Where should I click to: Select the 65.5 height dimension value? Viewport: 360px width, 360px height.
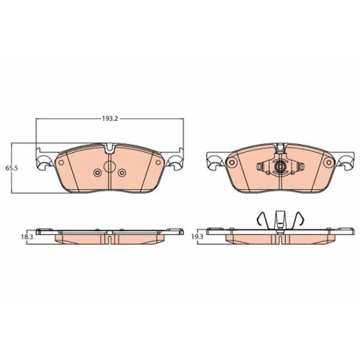11,167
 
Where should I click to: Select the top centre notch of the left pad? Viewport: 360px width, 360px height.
109,150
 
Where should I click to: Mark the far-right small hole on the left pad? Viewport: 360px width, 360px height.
156,163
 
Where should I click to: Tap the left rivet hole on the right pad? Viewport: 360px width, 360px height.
232,163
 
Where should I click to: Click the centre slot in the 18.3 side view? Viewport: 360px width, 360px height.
109,240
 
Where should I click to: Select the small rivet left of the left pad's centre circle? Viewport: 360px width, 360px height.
97,174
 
